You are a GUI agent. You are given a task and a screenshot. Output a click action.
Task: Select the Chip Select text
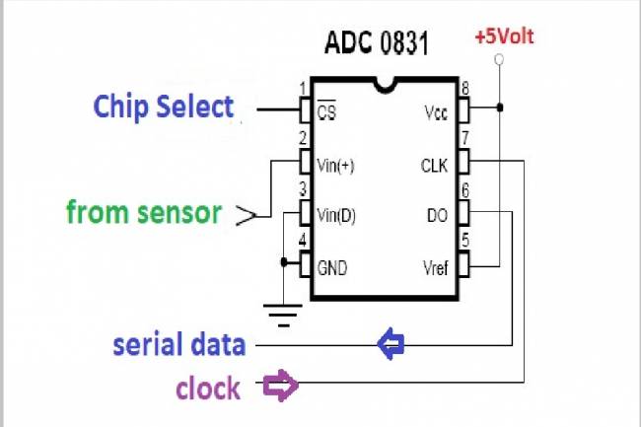165,107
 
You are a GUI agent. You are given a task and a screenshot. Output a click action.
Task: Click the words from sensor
144,211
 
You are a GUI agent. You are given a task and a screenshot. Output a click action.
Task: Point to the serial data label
178,344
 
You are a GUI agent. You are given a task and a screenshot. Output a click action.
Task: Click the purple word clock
208,388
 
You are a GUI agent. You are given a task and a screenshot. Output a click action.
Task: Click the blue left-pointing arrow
392,344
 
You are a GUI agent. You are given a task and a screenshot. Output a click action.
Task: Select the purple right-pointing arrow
281,385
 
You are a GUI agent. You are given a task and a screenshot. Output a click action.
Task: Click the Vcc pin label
435,113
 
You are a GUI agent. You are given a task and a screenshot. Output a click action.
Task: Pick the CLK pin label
434,166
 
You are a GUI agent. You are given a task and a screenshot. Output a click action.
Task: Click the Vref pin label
434,267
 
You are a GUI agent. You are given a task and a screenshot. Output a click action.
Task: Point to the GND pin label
333,267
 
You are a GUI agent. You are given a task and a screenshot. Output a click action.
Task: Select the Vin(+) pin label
335,166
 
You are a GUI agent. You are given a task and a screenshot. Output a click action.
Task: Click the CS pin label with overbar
327,113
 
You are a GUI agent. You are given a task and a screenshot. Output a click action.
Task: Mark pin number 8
465,89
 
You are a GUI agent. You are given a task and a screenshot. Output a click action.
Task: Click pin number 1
303,89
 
